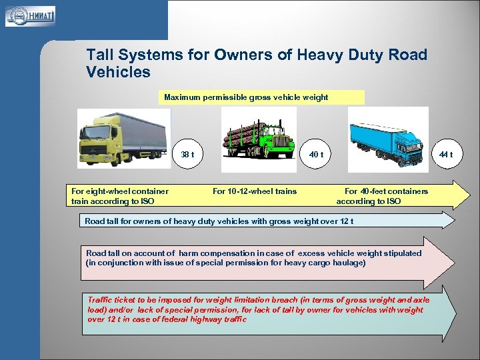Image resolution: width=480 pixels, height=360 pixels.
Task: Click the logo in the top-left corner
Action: pyautogui.click(x=31, y=15)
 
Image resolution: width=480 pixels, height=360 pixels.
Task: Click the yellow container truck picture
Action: pyautogui.click(x=123, y=137)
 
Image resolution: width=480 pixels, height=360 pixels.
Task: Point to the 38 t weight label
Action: pyautogui.click(x=187, y=155)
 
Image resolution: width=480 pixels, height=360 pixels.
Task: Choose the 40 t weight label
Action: pyautogui.click(x=317, y=155)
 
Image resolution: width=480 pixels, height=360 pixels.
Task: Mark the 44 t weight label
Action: pyautogui.click(x=446, y=155)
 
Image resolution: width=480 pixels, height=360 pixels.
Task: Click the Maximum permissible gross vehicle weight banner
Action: pyautogui.click(x=264, y=97)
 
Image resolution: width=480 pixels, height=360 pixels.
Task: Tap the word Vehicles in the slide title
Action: pyautogui.click(x=119, y=72)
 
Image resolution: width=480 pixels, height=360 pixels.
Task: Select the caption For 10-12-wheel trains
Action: pyautogui.click(x=254, y=191)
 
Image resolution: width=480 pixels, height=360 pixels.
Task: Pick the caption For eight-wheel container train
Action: pyautogui.click(x=120, y=191)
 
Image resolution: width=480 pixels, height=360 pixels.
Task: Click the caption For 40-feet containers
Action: pyautogui.click(x=386, y=191)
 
